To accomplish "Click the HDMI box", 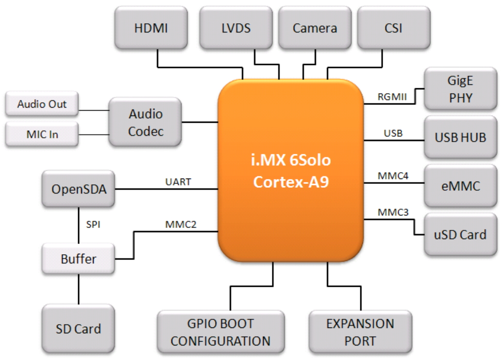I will click(x=151, y=28).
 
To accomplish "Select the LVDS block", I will click(x=236, y=28).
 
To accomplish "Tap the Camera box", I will click(x=315, y=28).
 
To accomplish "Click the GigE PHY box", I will click(x=460, y=89).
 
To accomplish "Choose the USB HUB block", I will click(x=460, y=137).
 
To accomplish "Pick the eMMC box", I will click(x=460, y=186).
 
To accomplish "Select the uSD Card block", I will click(x=460, y=234).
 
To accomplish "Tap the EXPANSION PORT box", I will click(x=360, y=332).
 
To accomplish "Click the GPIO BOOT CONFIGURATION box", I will click(x=220, y=332).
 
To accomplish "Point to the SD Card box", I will click(x=78, y=328).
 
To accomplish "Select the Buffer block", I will click(x=78, y=259).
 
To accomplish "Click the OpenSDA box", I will click(x=78, y=189).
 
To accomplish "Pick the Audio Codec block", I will click(x=145, y=122).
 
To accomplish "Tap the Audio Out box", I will click(x=42, y=104).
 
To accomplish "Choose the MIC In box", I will click(x=42, y=134).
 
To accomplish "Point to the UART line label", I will click(x=178, y=182).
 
